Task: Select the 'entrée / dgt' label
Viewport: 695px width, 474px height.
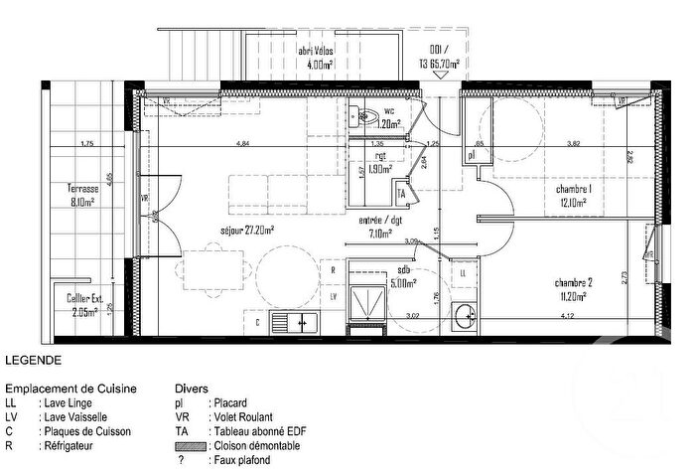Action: tap(380, 222)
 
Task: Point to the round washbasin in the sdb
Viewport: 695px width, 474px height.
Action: tap(462, 317)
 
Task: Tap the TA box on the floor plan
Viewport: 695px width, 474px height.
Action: tap(402, 193)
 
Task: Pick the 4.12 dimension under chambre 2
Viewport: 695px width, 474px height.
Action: tap(567, 316)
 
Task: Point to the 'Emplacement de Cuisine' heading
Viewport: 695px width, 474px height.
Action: tap(70, 389)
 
